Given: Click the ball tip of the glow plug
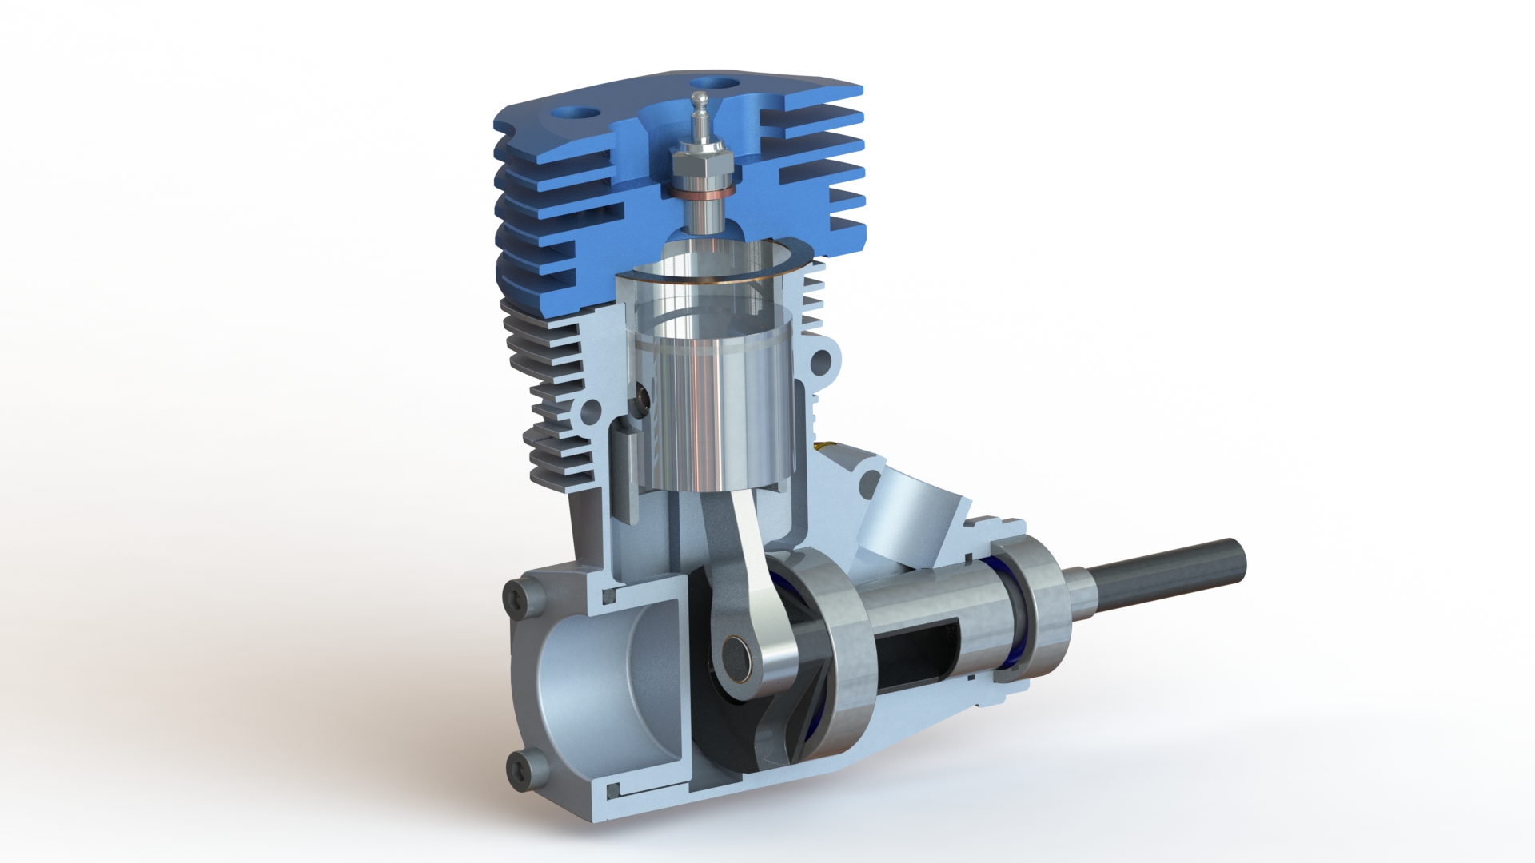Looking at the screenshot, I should tap(700, 99).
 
